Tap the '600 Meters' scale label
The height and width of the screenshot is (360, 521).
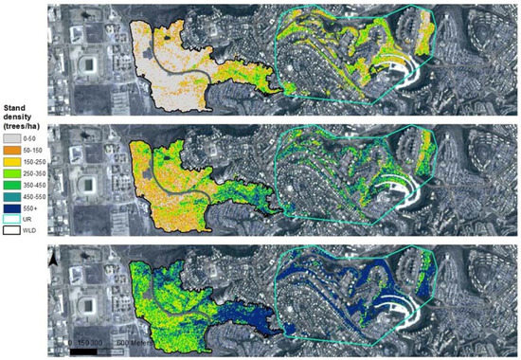point(132,342)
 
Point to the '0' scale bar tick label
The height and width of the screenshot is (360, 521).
point(71,342)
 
